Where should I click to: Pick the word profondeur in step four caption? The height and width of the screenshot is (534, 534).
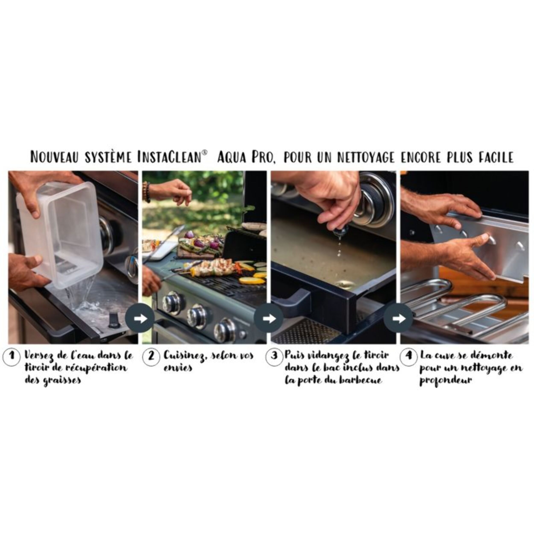click(445, 381)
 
